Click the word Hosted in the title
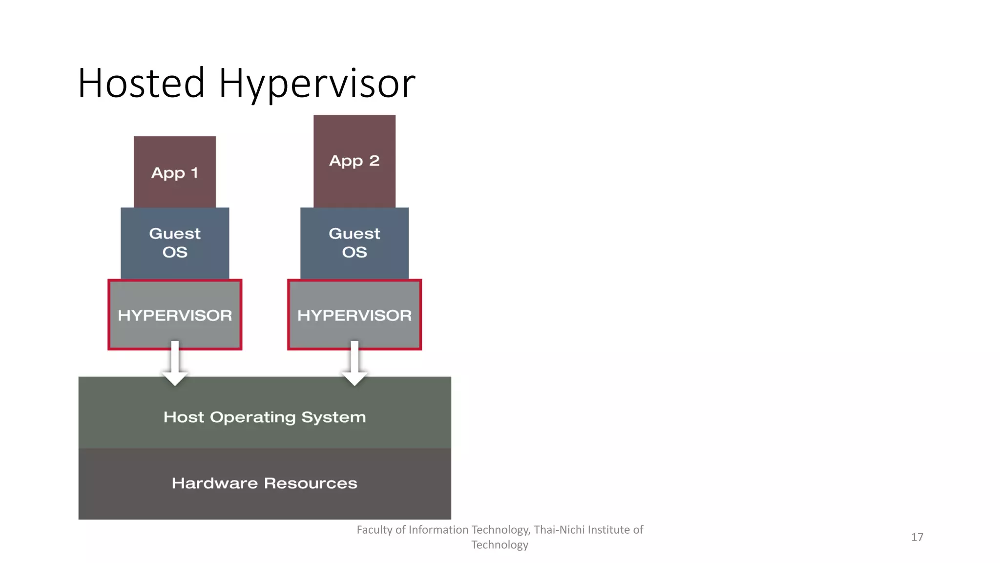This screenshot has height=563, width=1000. click(141, 83)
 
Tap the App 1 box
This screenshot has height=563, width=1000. click(175, 172)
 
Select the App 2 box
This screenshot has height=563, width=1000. click(354, 161)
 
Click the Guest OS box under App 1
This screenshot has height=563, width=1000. click(175, 243)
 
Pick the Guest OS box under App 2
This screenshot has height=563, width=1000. click(354, 243)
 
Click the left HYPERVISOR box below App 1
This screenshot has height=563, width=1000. click(175, 315)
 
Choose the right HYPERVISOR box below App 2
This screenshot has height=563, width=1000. click(354, 315)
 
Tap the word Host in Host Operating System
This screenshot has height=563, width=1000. click(184, 417)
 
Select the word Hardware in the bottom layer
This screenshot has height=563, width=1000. click(214, 483)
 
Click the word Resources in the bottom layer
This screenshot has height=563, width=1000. click(311, 483)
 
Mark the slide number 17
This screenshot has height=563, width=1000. click(917, 537)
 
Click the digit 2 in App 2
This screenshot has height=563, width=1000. click(374, 160)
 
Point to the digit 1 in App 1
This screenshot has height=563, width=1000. click(194, 173)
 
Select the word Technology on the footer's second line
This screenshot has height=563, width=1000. click(500, 545)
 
